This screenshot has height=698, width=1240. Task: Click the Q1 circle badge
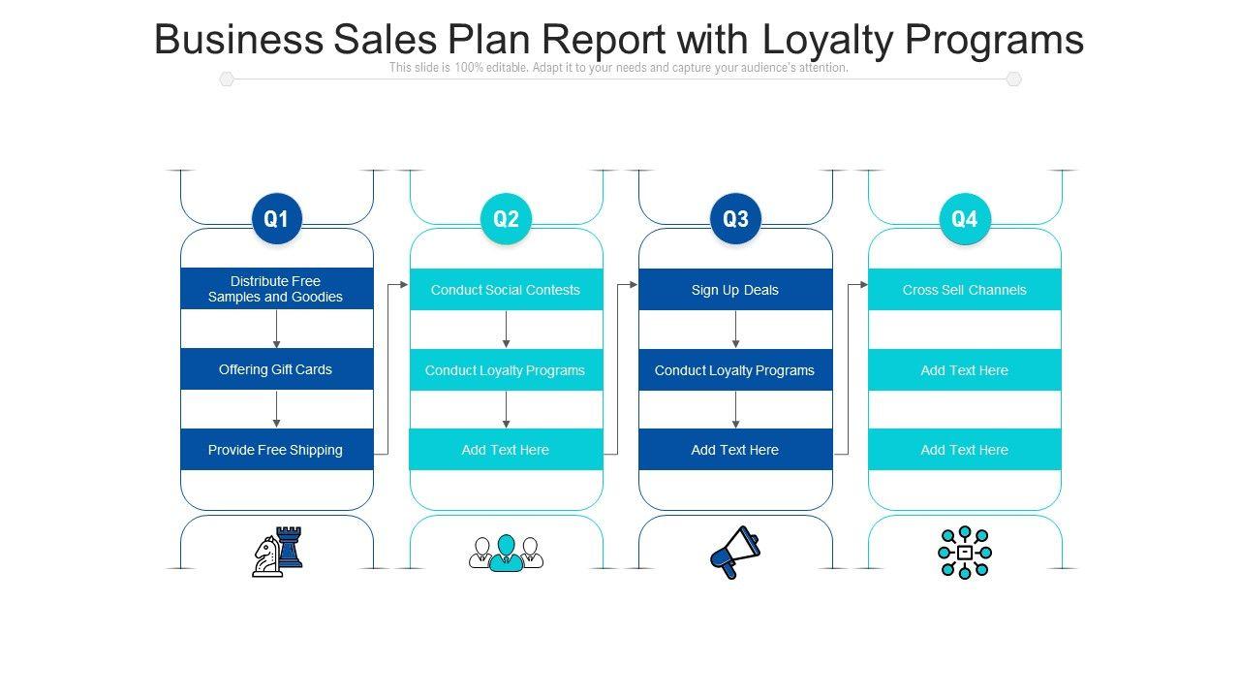point(276,219)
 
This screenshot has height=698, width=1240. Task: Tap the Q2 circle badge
point(506,219)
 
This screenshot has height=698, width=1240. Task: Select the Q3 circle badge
point(735,219)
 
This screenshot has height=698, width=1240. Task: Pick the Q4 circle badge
point(965,219)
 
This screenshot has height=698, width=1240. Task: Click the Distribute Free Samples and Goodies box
point(276,289)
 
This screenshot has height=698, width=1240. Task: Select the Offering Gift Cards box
point(276,369)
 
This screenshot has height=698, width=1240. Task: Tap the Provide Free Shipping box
point(276,450)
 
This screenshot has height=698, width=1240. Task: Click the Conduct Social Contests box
point(506,290)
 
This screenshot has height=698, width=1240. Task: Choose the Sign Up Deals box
point(735,290)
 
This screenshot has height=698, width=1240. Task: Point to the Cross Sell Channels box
point(965,290)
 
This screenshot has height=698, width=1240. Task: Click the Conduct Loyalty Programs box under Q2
point(506,370)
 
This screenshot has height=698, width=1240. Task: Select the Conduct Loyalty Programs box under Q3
point(735,370)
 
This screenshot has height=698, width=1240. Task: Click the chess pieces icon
point(277,552)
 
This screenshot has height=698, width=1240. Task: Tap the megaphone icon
point(735,552)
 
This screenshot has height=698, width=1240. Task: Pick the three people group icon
point(506,553)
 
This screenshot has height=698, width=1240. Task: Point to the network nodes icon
point(965,553)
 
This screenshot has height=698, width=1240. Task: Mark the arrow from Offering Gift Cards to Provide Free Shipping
point(276,409)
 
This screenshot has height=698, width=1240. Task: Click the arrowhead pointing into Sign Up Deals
point(634,285)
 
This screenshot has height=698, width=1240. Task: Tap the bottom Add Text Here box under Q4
point(965,450)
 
